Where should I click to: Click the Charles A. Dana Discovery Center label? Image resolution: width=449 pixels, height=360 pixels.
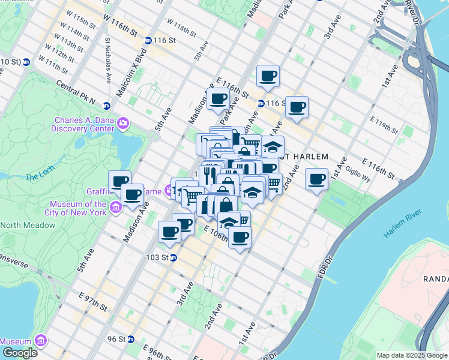[85, 124]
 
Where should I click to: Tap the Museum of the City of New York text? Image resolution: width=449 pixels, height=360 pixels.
[78, 208]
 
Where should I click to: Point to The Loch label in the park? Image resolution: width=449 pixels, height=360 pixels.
[40, 177]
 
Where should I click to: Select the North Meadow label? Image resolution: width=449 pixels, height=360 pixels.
[28, 225]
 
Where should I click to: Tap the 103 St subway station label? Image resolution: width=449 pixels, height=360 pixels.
[157, 257]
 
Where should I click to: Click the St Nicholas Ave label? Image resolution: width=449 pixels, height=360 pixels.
[108, 61]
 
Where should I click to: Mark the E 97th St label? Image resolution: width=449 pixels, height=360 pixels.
[90, 301]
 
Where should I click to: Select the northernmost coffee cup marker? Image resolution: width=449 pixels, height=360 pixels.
[268, 76]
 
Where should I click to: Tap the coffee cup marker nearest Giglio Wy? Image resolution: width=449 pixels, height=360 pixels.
[317, 178]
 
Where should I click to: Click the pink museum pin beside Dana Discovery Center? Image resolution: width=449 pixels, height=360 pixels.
[124, 124]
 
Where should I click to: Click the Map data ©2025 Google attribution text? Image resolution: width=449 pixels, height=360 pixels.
[411, 355]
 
